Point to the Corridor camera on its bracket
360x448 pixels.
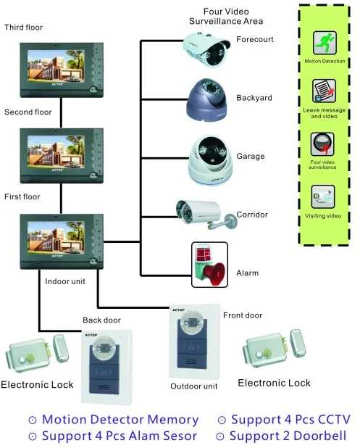203,212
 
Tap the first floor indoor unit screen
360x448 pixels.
51,236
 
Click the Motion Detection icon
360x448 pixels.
322,43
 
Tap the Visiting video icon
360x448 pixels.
322,196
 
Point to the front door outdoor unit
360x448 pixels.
193,344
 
